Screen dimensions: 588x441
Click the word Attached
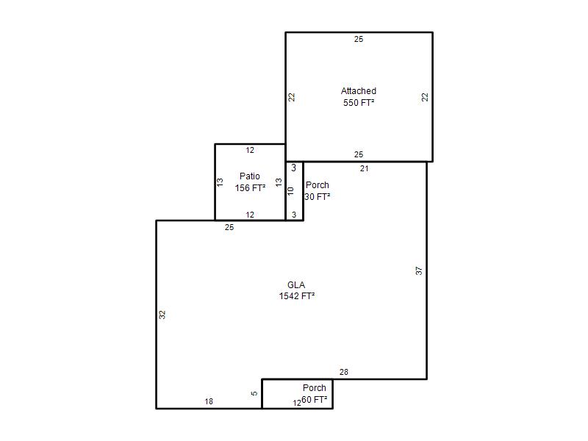(x=359, y=90)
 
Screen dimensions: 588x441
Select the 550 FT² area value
(x=359, y=102)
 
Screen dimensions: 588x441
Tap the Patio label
(x=250, y=176)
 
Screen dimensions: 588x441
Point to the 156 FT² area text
(x=250, y=187)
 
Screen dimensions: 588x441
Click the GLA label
(x=296, y=285)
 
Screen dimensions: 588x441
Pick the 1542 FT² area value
(x=297, y=296)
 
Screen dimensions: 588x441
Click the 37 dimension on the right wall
(x=419, y=270)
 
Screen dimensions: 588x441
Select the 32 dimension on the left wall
(x=162, y=315)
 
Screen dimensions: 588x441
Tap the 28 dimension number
(x=344, y=372)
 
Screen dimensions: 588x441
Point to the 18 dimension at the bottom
(x=209, y=401)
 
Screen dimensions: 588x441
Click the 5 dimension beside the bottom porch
(x=254, y=393)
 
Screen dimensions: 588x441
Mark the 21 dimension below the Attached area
(x=364, y=169)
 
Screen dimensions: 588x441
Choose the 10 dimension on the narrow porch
(x=290, y=191)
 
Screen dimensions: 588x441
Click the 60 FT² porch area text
(x=315, y=400)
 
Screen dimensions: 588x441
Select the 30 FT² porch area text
(x=318, y=196)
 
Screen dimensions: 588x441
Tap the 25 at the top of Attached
(x=359, y=39)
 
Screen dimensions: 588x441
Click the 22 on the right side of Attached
(x=425, y=97)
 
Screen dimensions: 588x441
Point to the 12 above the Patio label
(x=250, y=151)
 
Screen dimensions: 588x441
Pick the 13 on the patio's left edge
(x=220, y=182)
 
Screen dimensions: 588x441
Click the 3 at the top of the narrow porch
(x=293, y=168)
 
